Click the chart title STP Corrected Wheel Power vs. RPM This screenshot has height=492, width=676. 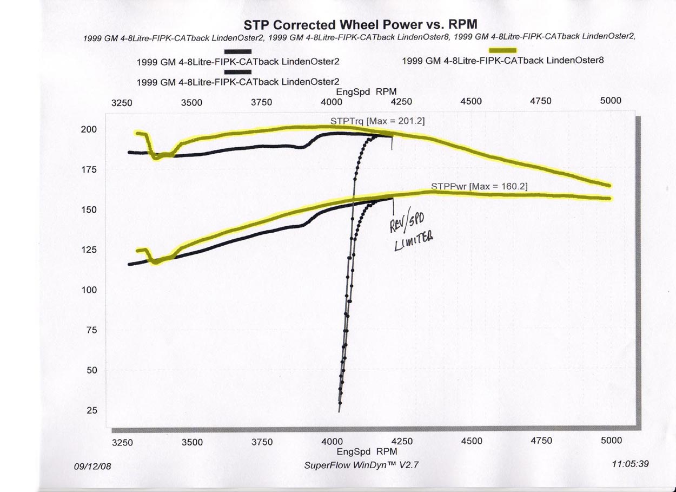(360, 25)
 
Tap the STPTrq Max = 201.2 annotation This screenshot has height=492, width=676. (377, 121)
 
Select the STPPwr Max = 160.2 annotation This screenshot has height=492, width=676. (479, 187)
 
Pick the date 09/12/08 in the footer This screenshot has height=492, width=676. (92, 465)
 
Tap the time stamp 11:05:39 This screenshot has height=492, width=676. (630, 464)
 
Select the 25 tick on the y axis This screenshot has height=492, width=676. (91, 410)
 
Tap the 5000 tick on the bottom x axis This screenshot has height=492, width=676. (611, 441)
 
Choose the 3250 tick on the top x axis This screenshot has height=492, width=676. (122, 101)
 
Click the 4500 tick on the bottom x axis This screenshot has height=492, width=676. (472, 441)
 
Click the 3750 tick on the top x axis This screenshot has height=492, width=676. (261, 101)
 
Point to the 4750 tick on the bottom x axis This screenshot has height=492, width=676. (541, 441)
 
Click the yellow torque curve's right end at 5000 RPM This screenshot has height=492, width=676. (609, 185)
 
